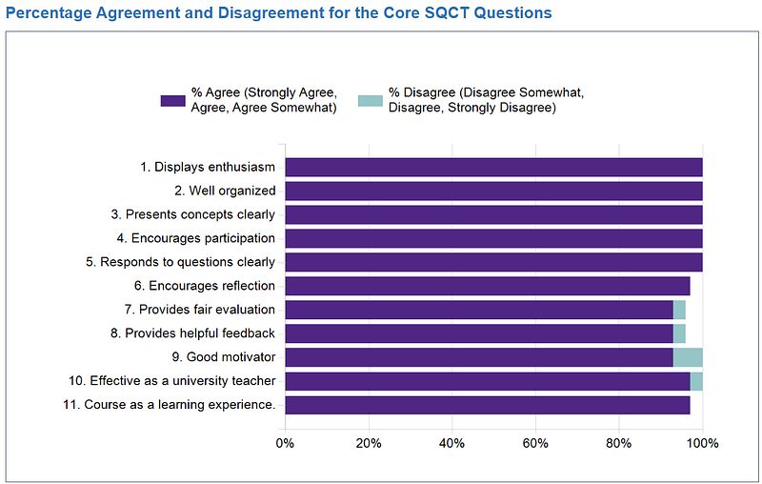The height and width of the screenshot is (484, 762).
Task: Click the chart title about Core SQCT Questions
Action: point(278,14)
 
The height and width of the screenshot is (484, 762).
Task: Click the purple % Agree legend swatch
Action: point(172,99)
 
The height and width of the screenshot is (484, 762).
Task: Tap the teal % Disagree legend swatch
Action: point(370,99)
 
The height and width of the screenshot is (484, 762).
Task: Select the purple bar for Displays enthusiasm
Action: point(493,167)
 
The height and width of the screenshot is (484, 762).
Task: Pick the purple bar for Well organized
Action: point(493,191)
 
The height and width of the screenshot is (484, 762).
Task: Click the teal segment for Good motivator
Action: point(688,357)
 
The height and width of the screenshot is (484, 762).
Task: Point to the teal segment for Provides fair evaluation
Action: point(679,310)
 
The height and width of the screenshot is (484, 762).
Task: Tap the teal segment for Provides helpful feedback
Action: point(679,333)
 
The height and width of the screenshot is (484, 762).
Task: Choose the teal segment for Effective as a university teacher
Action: point(696,381)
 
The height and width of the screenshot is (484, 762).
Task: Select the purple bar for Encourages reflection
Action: point(487,286)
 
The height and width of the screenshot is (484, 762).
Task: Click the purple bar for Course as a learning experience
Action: point(487,405)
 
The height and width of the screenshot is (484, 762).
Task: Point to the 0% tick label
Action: point(285,443)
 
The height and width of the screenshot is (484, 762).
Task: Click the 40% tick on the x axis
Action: point(451,443)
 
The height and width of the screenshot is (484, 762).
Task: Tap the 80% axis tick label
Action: point(619,443)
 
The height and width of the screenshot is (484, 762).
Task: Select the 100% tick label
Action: point(702,443)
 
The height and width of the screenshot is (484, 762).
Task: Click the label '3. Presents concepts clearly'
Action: point(200,214)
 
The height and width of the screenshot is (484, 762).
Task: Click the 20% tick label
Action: point(369,443)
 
